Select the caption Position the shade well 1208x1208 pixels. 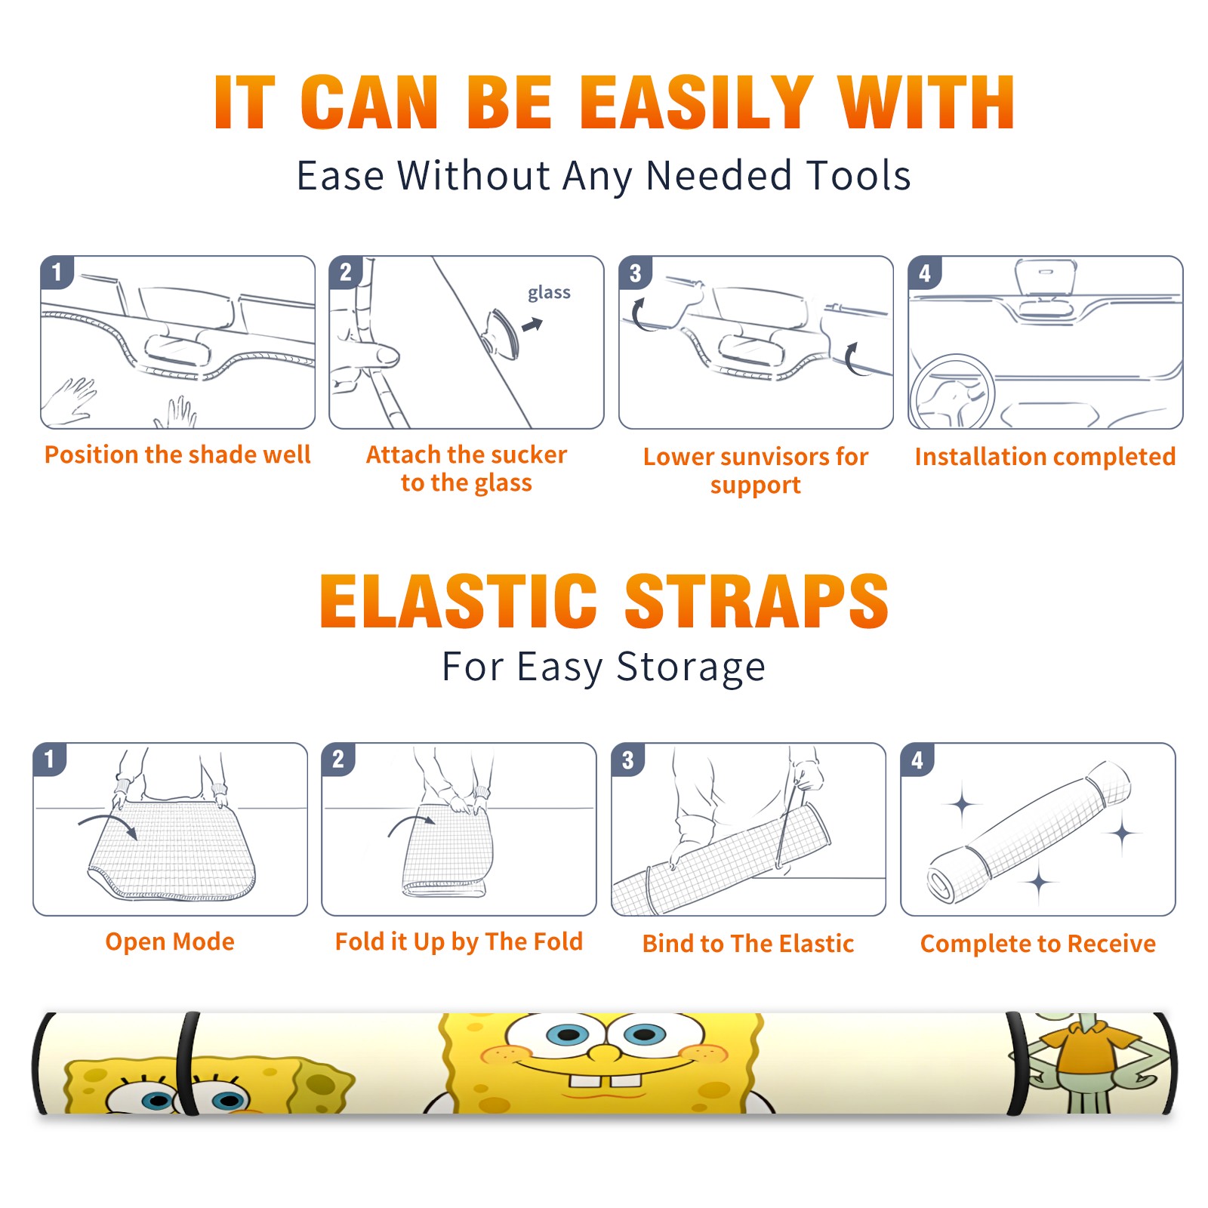[x=177, y=455]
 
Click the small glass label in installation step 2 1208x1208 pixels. [x=549, y=293]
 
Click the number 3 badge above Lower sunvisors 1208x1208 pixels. [x=635, y=273]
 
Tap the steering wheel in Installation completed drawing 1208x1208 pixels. [x=952, y=393]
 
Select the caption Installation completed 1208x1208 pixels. [x=1045, y=457]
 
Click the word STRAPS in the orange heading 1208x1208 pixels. [x=757, y=601]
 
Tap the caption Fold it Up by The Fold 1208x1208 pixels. [x=459, y=942]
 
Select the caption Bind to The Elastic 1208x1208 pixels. [x=748, y=944]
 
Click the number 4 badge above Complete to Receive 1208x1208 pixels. [x=917, y=760]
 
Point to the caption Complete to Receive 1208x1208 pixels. [x=1038, y=944]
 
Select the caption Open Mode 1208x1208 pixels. [x=170, y=942]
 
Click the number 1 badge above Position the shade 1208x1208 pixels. [x=57, y=273]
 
